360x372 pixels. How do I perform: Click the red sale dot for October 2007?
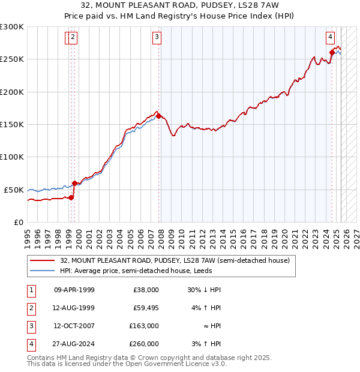tap(158, 116)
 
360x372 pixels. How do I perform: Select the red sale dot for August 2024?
tap(332, 53)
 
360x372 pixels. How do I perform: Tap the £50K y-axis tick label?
tap(14, 190)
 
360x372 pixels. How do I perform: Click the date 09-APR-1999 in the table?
tap(74, 289)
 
